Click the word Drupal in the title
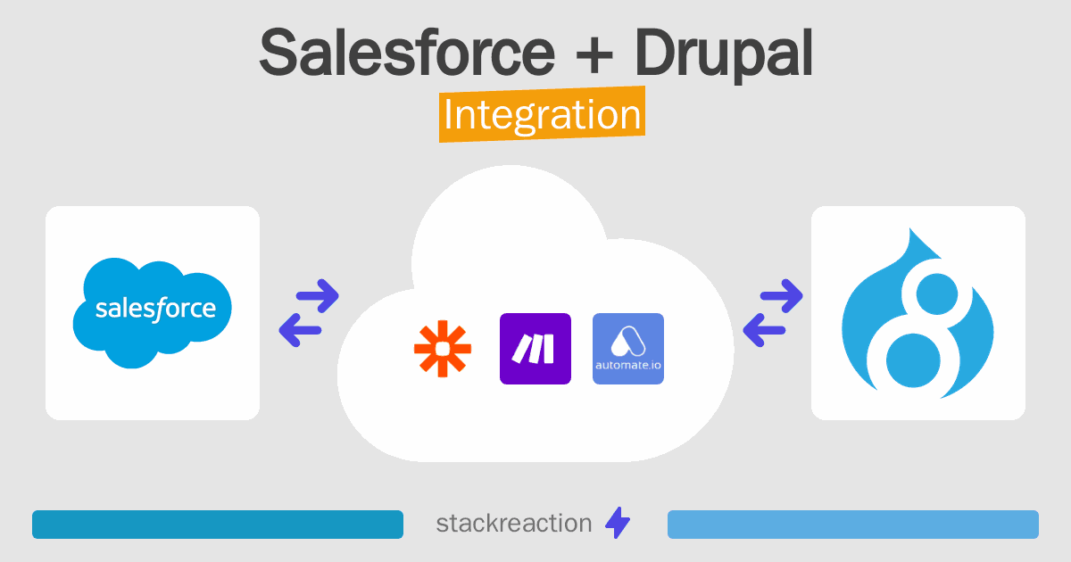[x=724, y=53]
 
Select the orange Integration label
[x=542, y=116]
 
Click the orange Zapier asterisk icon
[x=443, y=349]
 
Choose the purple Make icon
[x=535, y=349]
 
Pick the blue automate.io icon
[x=628, y=349]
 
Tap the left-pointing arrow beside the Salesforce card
[x=301, y=331]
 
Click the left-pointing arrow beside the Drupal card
[x=765, y=331]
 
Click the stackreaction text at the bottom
[x=513, y=524]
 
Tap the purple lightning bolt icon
[x=618, y=524]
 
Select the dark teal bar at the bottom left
[x=218, y=525]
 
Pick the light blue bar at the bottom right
[x=852, y=525]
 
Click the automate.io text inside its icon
[x=628, y=367]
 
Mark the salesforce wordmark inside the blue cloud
[x=155, y=310]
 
